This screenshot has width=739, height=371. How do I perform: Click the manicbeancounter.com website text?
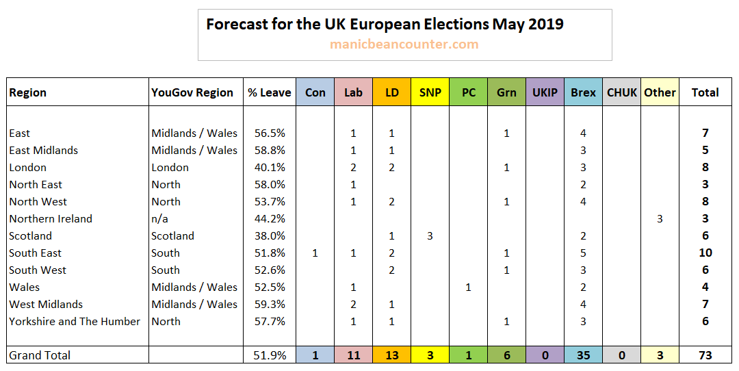click(404, 44)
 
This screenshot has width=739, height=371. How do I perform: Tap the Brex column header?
click(583, 92)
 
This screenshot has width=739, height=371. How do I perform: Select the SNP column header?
click(430, 92)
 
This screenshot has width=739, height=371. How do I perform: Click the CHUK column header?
click(621, 92)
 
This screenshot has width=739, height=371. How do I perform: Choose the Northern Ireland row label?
click(51, 219)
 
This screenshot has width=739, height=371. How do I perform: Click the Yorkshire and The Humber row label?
click(75, 322)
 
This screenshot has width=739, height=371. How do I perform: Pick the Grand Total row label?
click(40, 355)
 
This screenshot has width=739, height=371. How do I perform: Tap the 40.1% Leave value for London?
click(270, 168)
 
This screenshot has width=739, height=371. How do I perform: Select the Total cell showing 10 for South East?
click(705, 253)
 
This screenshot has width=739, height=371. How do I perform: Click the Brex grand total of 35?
click(583, 355)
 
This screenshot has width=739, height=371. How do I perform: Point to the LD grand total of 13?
click(392, 355)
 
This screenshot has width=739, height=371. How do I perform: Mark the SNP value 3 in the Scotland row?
click(430, 236)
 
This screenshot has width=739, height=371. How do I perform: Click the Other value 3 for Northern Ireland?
click(660, 219)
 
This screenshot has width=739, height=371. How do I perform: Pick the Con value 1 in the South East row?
click(315, 253)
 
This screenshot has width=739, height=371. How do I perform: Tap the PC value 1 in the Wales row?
click(469, 287)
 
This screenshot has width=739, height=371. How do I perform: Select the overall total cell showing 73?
click(705, 355)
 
